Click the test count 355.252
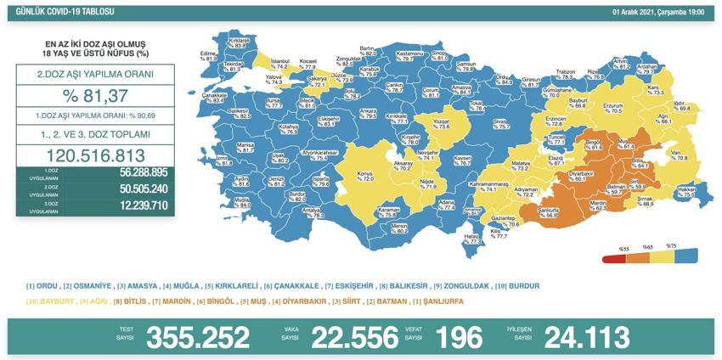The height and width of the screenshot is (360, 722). [198, 337]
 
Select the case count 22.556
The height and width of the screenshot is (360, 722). [355, 337]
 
